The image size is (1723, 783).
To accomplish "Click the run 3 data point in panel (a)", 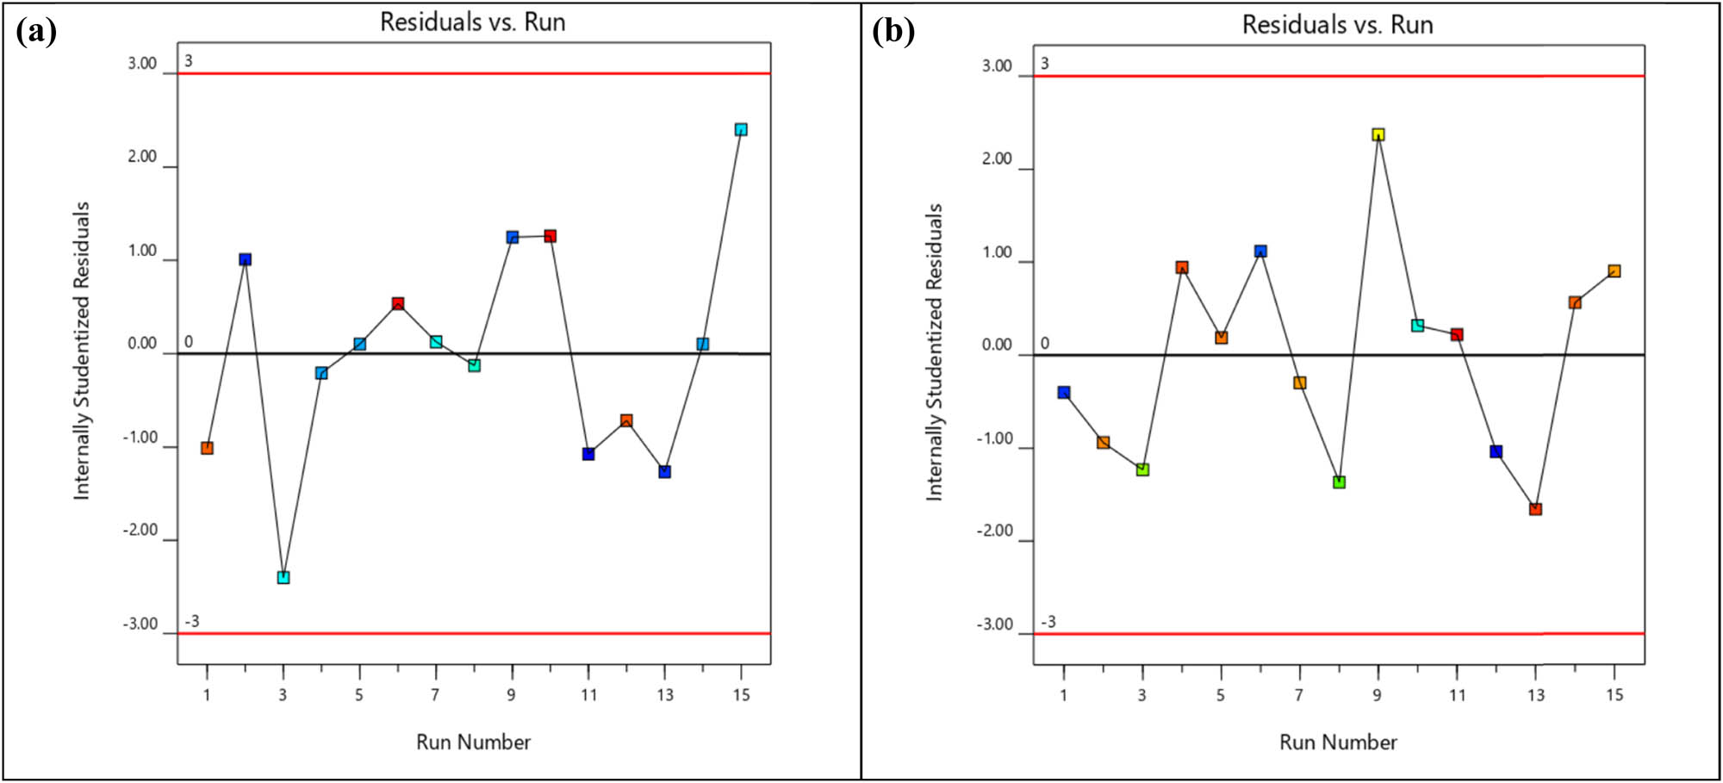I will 283,577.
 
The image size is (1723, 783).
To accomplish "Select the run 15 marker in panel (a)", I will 741,129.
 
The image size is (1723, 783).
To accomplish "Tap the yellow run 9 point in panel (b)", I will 1378,134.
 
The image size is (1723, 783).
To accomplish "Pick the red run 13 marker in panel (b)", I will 1535,509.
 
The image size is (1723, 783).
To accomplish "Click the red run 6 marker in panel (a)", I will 398,303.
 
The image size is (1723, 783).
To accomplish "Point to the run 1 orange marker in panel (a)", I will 207,448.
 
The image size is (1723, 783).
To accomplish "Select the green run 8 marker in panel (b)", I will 1339,482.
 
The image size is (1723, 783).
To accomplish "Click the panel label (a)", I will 36,32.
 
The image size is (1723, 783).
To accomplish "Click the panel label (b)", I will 893,32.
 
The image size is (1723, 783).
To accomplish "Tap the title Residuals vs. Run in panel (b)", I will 1337,25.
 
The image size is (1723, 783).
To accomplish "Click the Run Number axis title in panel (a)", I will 473,742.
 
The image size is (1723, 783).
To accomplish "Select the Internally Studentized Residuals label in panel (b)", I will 935,352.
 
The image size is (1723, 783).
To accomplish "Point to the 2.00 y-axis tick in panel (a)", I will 142,157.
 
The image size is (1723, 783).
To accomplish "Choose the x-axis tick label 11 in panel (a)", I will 588,695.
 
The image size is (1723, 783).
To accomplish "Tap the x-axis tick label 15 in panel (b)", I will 1614,695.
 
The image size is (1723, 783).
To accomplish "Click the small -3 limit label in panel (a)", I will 192,621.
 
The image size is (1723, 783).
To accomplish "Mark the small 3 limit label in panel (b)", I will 1045,63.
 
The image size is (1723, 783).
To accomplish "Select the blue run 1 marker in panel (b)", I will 1064,392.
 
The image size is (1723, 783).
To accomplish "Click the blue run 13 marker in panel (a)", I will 664,471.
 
